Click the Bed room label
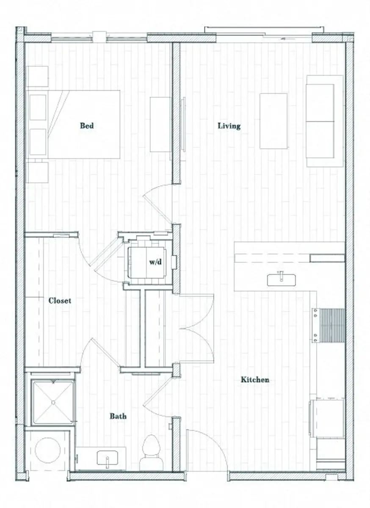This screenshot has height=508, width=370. tap(87, 125)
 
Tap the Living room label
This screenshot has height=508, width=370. tap(229, 126)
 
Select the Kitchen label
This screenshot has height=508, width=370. tap(255, 379)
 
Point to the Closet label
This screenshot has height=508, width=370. tap(60, 301)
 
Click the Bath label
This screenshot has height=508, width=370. tap(118, 416)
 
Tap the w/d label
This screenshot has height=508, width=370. tap(155, 262)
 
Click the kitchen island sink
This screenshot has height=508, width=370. tap(282, 279)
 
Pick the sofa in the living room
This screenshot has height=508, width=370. tap(324, 121)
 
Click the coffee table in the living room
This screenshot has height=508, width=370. tap(273, 121)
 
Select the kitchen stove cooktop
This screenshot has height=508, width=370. tap(331, 325)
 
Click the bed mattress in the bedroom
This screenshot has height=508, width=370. tap(85, 124)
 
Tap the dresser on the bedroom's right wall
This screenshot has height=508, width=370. tap(160, 124)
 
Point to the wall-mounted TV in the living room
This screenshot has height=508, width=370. tap(183, 124)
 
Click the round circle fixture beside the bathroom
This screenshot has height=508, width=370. tap(47, 450)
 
